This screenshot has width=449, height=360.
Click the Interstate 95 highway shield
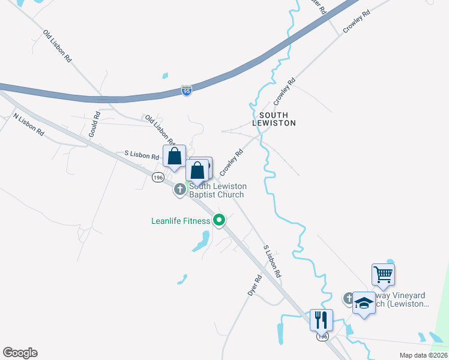point(186,91)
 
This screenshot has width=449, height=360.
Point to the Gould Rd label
point(94,124)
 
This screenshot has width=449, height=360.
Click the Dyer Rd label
point(256,285)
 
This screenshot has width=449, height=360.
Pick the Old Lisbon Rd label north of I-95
point(58,47)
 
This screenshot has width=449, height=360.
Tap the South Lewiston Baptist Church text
point(217,190)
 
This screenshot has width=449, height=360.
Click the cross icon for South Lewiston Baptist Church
point(179,190)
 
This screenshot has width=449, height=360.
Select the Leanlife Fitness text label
point(180,221)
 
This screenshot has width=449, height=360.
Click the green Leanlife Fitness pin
point(219,221)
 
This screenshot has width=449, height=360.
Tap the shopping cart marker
point(383,275)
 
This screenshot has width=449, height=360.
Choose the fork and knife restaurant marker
point(321,320)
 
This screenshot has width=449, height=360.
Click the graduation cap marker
point(364,303)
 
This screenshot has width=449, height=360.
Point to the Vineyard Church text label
point(399,300)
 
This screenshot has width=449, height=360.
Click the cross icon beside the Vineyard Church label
point(349,298)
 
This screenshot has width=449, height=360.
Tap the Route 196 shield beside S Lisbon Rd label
point(158,178)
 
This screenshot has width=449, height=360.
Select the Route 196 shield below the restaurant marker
point(323,337)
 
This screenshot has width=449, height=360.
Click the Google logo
point(20,353)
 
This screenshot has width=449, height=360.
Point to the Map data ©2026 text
point(423,355)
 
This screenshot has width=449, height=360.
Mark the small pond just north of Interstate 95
point(165,76)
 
